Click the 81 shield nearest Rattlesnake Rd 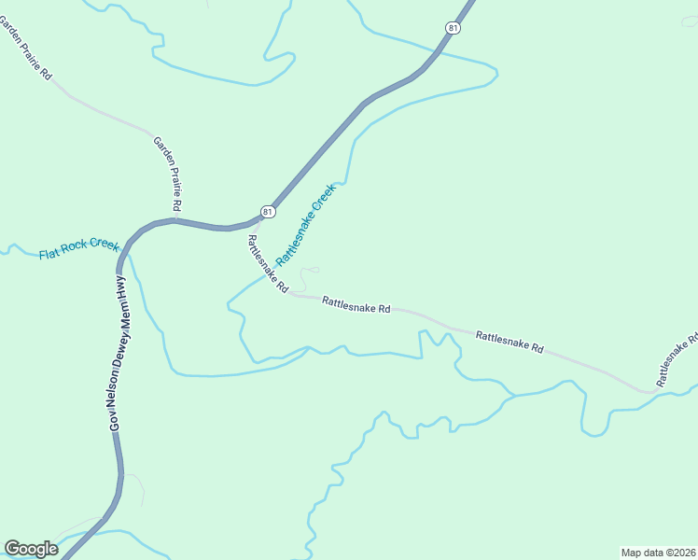[268, 212]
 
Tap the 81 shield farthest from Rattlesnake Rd [453, 29]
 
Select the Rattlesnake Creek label [305, 225]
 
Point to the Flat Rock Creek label [78, 249]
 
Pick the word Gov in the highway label [116, 420]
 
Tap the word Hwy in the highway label [120, 287]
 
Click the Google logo [31, 549]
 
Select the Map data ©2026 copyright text [658, 552]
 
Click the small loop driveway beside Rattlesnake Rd [310, 273]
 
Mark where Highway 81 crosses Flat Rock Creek [126, 248]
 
